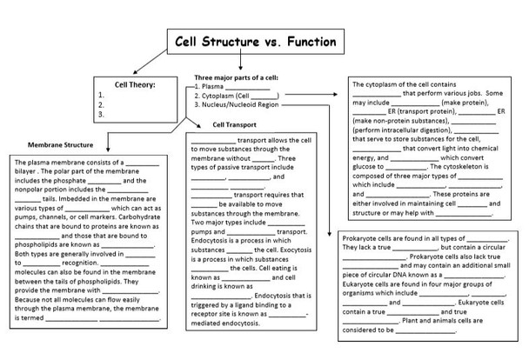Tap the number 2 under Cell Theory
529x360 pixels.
[102, 103]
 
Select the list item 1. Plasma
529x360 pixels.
[214, 87]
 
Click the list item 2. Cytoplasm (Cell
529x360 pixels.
[224, 96]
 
